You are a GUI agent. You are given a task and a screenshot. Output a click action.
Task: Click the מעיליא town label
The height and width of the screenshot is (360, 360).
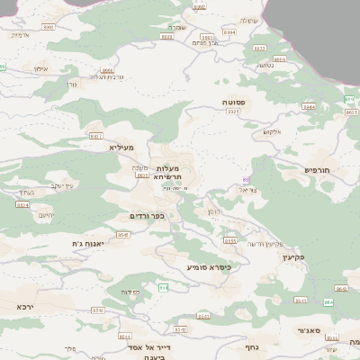(x=121, y=147)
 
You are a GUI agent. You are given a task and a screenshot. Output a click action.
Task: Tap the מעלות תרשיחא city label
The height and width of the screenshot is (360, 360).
(x=167, y=173)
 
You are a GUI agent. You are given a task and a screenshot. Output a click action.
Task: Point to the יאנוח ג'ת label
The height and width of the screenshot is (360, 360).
(x=90, y=244)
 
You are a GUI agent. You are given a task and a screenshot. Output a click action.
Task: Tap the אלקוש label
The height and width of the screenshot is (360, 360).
(x=273, y=131)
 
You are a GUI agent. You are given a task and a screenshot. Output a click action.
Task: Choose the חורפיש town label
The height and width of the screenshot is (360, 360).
(x=318, y=169)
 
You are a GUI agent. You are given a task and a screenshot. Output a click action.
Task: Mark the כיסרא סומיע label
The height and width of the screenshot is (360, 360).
(x=210, y=267)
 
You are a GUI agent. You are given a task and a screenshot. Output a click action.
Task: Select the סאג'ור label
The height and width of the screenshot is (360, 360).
(x=310, y=330)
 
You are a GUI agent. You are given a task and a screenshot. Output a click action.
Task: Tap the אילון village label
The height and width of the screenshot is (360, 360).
(x=40, y=68)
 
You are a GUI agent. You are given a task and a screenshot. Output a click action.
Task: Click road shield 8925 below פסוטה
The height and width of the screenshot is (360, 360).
(x=234, y=112)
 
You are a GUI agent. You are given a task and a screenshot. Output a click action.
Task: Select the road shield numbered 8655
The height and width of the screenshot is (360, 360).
(x=230, y=241)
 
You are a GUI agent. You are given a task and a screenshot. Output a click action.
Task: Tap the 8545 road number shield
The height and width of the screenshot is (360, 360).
(x=123, y=235)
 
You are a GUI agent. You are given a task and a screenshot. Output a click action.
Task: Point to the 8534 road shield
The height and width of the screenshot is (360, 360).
(x=23, y=205)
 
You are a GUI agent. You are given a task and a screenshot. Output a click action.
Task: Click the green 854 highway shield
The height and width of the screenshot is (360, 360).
(x=164, y=287)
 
